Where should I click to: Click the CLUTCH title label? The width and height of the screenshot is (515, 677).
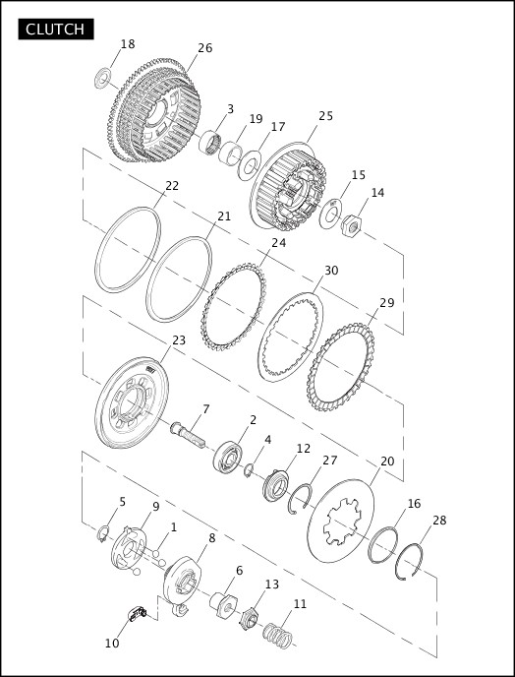tap(56, 29)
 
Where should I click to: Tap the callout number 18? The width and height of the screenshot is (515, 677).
tap(128, 44)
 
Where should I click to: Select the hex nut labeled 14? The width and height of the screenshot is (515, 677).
tap(352, 225)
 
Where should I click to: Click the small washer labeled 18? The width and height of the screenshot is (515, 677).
tap(102, 78)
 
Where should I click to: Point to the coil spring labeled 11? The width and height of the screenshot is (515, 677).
tap(277, 636)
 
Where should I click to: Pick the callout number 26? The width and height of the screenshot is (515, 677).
tap(204, 48)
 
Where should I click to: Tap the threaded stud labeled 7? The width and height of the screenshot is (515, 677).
tap(188, 435)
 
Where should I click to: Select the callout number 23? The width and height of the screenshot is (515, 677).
tap(179, 340)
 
